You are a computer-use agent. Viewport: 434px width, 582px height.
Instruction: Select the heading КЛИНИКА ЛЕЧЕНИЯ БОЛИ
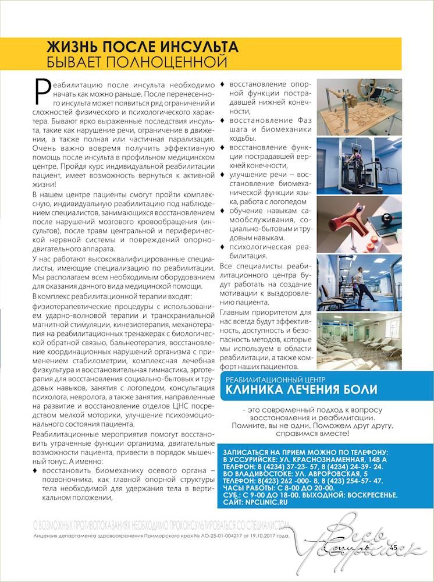pyautogui.click(x=301, y=389)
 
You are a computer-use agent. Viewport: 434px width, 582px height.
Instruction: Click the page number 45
pyautogui.click(x=393, y=547)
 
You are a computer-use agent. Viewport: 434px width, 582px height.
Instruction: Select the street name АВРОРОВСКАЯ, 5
pyautogui.click(x=344, y=474)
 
